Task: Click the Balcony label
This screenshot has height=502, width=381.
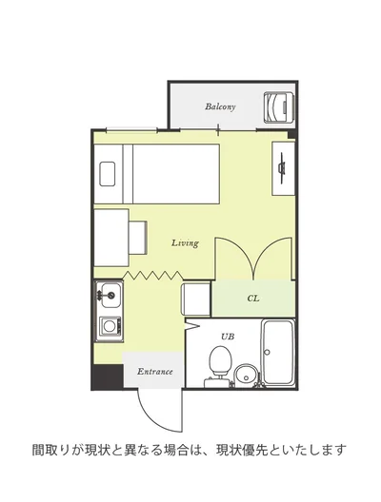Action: [220, 106]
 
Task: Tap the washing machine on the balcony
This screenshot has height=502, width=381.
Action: [278, 106]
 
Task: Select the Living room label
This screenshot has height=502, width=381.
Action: [185, 243]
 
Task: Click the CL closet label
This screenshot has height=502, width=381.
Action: [253, 299]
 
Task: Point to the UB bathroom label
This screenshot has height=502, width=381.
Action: [228, 337]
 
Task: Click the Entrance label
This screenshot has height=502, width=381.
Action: [155, 372]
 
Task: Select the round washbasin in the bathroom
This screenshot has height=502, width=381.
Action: [246, 376]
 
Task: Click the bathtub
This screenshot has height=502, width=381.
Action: [278, 352]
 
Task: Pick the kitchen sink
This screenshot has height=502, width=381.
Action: [110, 295]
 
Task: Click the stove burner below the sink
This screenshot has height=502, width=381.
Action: [110, 326]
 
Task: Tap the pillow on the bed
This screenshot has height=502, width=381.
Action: [107, 174]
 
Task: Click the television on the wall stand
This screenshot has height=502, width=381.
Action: [282, 168]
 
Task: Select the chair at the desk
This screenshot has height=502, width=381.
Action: [138, 238]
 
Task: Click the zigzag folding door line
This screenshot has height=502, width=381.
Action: [153, 275]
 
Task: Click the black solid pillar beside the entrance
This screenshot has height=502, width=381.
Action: [107, 376]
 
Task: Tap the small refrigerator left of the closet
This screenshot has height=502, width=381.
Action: [196, 299]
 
